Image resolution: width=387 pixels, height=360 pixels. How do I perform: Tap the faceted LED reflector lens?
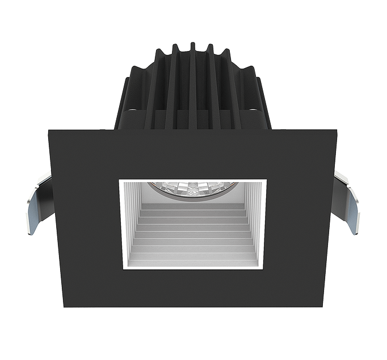[193, 188]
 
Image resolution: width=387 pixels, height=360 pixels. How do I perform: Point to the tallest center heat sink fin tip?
[193, 44]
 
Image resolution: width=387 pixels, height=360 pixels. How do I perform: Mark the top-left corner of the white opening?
[120, 180]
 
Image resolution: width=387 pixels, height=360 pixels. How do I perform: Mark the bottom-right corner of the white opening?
[266, 269]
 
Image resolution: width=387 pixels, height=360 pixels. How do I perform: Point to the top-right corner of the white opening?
[266, 180]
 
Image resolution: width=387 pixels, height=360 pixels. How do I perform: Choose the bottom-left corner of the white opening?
[120, 269]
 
